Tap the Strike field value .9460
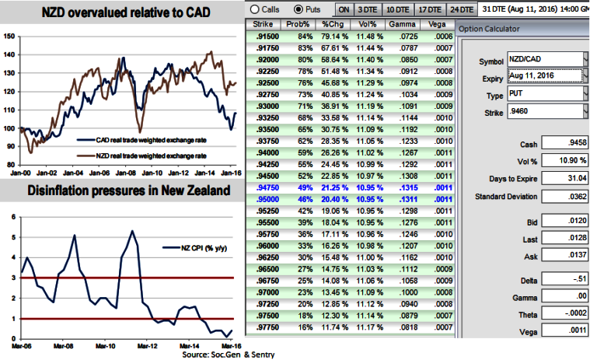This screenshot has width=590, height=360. coord(553,113)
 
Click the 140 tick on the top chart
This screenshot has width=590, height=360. coord(9,54)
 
